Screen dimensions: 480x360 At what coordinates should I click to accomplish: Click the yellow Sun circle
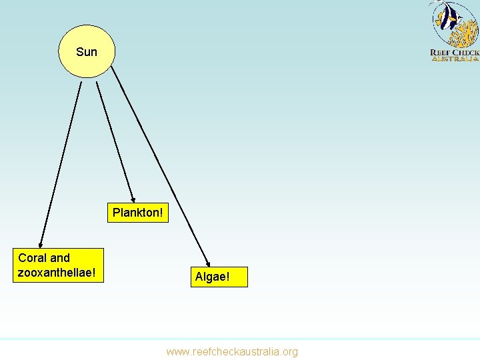[87, 52]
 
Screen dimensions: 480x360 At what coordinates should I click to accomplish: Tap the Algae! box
[212, 277]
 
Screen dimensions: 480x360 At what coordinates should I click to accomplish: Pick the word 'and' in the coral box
[60, 258]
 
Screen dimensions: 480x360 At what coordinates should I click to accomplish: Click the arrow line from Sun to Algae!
[160, 167]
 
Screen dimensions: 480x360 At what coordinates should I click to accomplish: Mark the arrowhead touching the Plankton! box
[133, 199]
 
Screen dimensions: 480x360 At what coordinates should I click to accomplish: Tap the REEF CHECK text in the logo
[455, 52]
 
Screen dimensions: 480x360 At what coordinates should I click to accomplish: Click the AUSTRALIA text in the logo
[455, 59]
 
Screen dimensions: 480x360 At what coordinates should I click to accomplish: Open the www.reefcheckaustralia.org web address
[232, 351]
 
